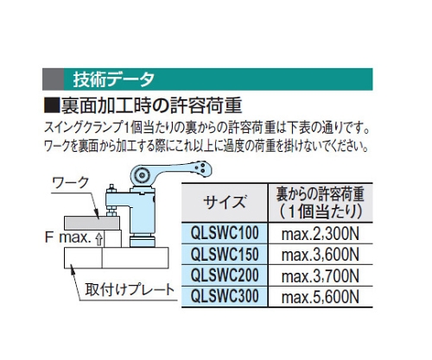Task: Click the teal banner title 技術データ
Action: (x=113, y=79)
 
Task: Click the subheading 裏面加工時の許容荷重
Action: (x=151, y=105)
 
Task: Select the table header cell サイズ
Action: (x=225, y=202)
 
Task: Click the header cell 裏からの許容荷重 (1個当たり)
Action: (x=320, y=202)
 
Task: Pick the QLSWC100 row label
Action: (x=225, y=232)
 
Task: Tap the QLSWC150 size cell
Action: (x=225, y=254)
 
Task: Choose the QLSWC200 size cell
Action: (x=225, y=275)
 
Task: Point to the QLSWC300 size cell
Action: (x=225, y=296)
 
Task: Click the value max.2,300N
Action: (x=321, y=234)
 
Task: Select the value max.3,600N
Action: (x=321, y=255)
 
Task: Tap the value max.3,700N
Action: (x=321, y=276)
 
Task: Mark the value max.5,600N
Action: (x=321, y=297)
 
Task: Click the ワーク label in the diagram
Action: (x=71, y=183)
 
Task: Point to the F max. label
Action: (x=68, y=238)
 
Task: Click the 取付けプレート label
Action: (x=130, y=289)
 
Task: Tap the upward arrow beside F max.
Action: (x=98, y=239)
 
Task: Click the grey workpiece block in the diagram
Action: (x=92, y=223)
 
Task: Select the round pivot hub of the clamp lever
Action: (x=142, y=175)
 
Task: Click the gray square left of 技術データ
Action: (x=53, y=79)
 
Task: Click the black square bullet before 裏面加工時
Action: (x=51, y=106)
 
